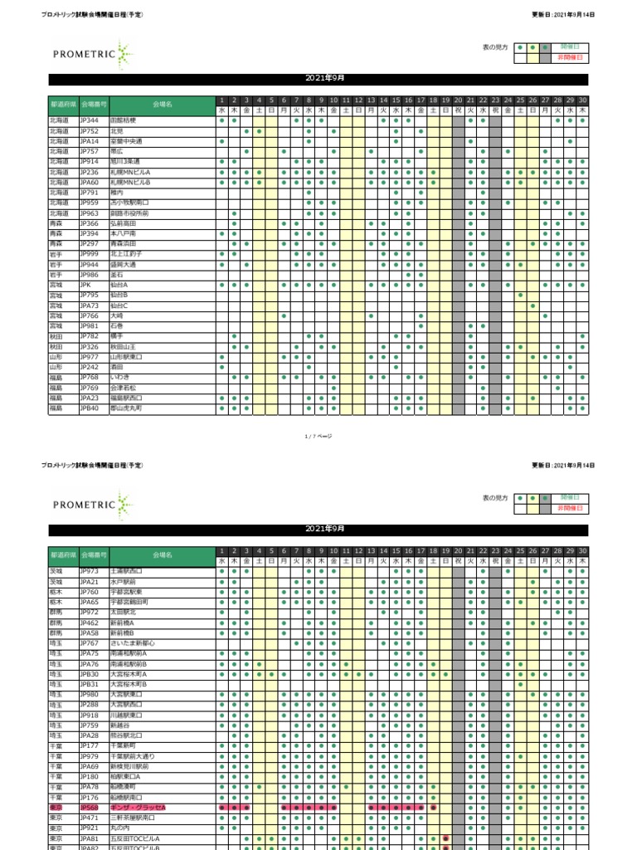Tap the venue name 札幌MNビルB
point(128,182)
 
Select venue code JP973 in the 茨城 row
point(89,571)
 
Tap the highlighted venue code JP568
point(89,808)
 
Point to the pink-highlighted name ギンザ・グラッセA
point(138,808)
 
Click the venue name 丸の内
point(119,828)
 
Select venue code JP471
point(89,818)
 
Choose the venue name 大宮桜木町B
point(128,684)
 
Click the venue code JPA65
point(89,602)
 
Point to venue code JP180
point(89,777)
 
